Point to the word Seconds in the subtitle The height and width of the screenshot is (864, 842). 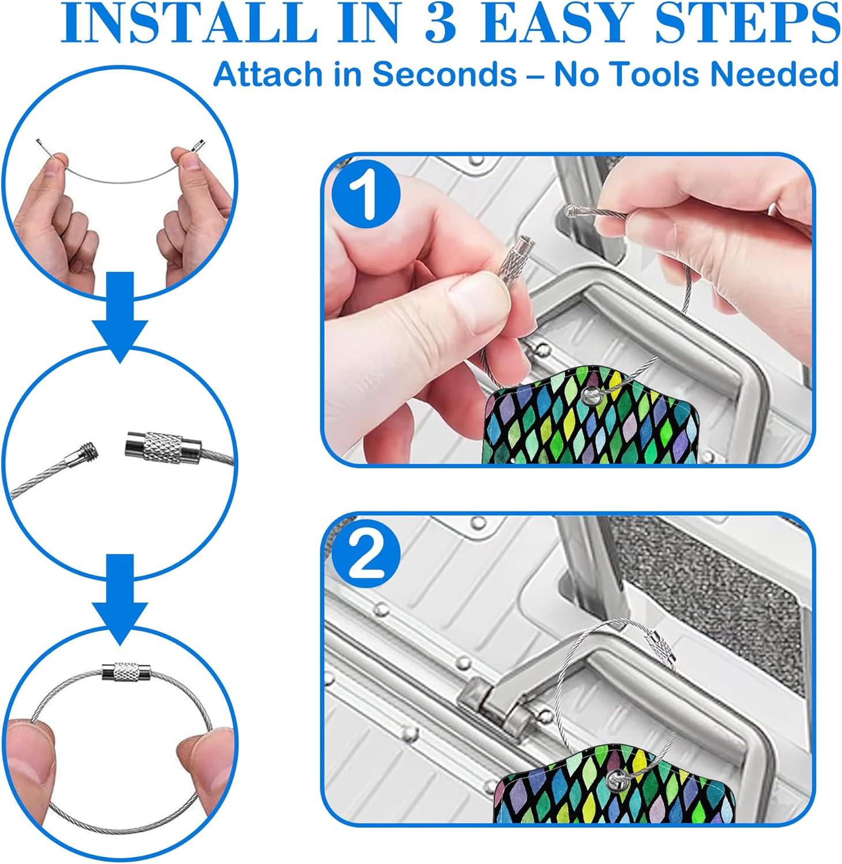pos(444,74)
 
